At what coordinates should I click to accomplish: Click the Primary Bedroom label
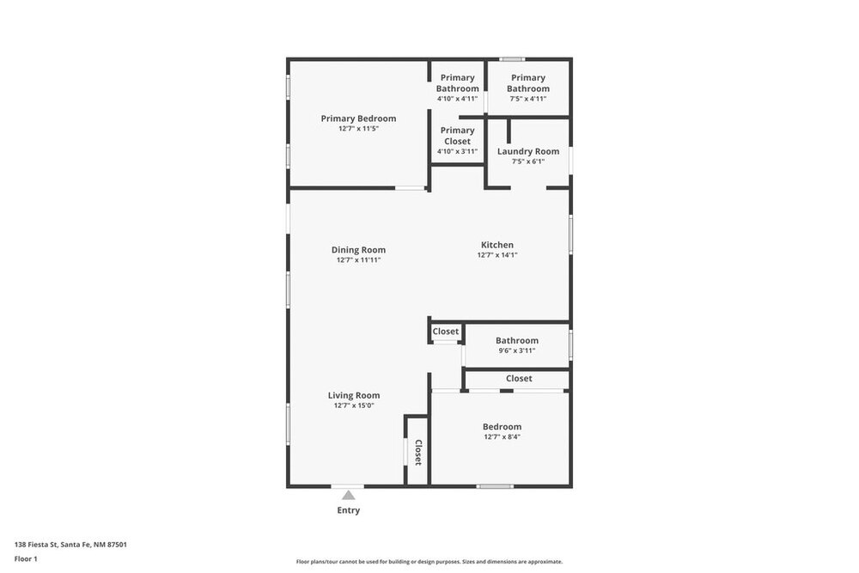[x=358, y=119]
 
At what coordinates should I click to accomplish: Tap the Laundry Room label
[x=528, y=151]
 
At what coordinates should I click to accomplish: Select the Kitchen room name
[x=497, y=245]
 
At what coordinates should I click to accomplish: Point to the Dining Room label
[x=358, y=250]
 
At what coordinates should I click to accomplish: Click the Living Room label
[x=354, y=395]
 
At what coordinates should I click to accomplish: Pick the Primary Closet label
[x=458, y=136]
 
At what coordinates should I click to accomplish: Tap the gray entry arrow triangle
[x=349, y=495]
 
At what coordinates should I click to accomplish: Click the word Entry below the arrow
[x=349, y=510]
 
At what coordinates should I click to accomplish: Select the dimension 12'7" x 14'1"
[x=497, y=255]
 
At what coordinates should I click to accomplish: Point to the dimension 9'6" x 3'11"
[x=517, y=351]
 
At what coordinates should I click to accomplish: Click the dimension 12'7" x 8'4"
[x=503, y=436]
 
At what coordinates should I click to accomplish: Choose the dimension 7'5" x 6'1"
[x=528, y=162]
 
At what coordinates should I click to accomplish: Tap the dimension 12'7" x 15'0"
[x=354, y=405]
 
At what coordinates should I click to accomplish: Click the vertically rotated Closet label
[x=418, y=453]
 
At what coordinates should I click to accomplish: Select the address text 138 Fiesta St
[x=35, y=545]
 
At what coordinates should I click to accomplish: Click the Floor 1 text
[x=26, y=558]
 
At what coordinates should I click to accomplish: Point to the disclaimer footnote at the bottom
[x=429, y=562]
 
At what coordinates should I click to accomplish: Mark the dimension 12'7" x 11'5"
[x=358, y=129]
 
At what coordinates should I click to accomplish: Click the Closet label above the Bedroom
[x=519, y=379]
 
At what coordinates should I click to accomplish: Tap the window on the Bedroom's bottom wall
[x=495, y=486]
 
